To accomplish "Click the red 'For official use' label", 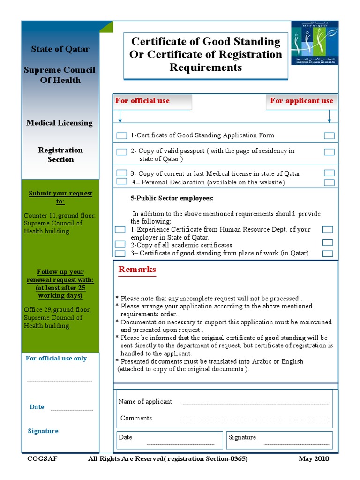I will pos(142,101).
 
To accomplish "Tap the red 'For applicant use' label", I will pos(301,101).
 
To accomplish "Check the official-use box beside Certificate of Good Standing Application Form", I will pos(121,136).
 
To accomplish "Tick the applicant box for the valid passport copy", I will pos(329,152).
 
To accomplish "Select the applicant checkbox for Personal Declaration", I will pos(329,182).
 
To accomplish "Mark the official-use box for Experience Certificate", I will pos(120,230).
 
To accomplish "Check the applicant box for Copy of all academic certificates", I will pos(328,242).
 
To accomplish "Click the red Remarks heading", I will pos(137,270).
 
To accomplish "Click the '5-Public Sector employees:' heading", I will pos(172,198).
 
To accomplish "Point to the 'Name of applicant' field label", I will pos(145,402).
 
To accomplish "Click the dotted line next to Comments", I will pos(255,419).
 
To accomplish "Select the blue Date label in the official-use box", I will pos(37,407).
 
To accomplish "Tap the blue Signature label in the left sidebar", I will pos(43,431).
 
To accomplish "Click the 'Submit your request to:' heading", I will pos(60,197).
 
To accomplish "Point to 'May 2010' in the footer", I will pos(314,458).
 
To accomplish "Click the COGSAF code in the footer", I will pos(42,458).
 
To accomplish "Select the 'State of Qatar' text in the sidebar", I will pos(60,49).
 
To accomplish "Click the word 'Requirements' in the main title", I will pos(205,67).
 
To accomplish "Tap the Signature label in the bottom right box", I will pos(242,437).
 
